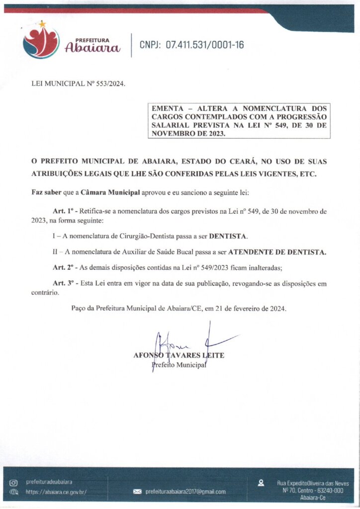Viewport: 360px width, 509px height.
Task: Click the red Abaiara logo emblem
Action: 41,42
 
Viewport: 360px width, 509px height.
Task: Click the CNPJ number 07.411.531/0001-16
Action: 205,45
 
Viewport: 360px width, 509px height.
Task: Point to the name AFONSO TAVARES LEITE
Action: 179,355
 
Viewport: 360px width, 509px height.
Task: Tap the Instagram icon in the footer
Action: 14,483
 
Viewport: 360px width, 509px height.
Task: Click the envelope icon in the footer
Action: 138,492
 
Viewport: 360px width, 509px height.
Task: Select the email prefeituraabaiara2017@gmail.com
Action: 185,492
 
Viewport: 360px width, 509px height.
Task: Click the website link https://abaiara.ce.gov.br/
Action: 56,492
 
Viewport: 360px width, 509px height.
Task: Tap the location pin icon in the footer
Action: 261,483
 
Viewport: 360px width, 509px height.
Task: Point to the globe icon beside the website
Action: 14,492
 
